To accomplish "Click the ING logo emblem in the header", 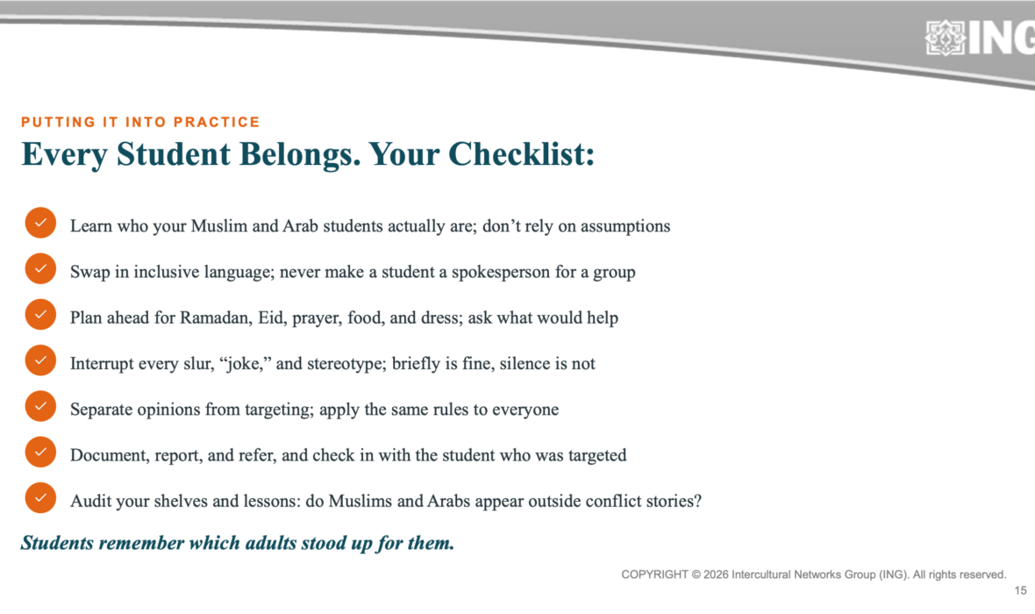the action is (946, 38).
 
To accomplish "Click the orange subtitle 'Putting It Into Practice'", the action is (140, 122).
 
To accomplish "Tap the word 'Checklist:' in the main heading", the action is (522, 154).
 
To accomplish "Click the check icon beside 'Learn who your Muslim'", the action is (40, 223).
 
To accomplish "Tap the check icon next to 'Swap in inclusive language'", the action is (40, 268).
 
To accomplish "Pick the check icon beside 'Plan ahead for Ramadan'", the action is (40, 314).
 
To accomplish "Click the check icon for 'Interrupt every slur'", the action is (40, 361).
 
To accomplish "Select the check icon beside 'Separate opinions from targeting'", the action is (40, 406).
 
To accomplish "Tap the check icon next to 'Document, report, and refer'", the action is (40, 452).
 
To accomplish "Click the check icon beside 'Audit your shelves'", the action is (40, 498).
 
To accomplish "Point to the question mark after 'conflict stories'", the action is (697, 501).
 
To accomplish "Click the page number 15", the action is (1020, 591).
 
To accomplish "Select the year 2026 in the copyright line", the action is (716, 575).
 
